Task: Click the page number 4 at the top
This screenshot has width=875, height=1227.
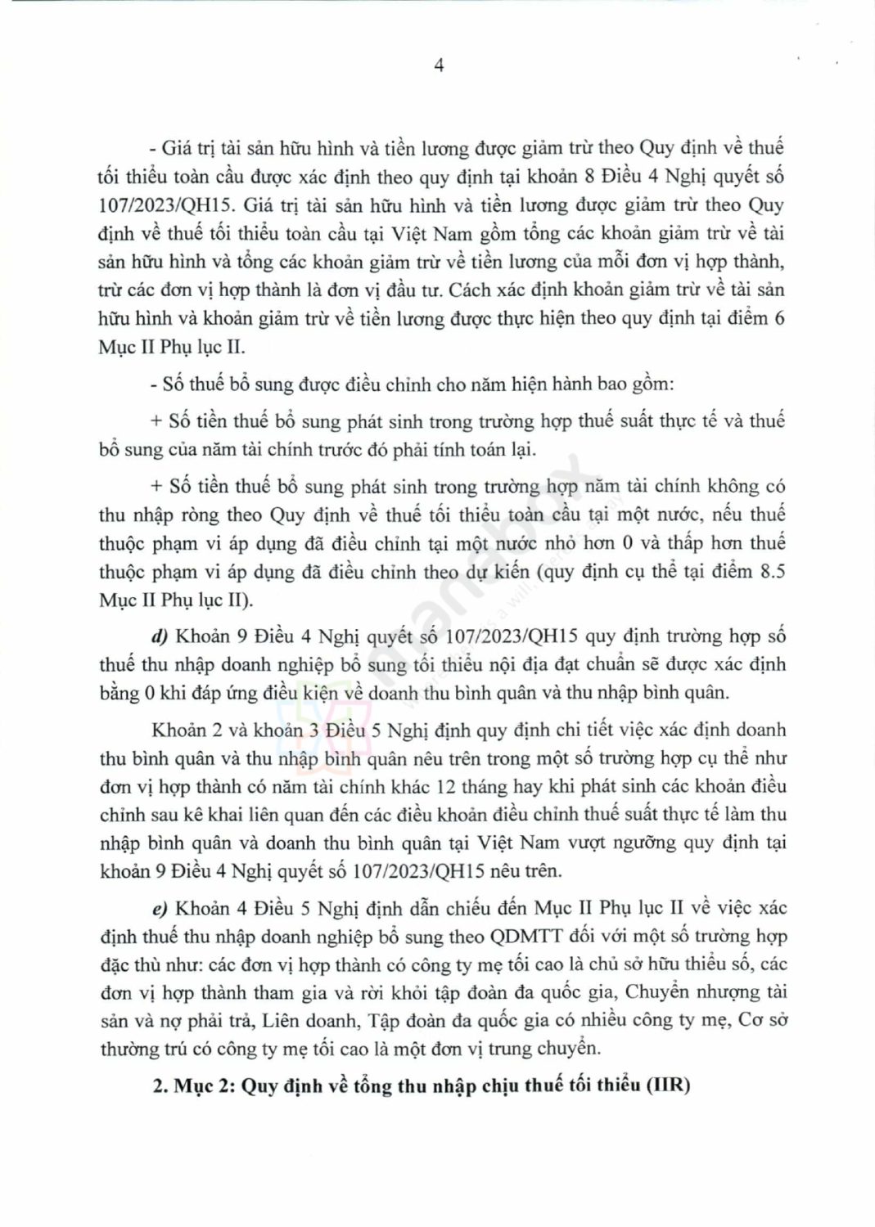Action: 439,66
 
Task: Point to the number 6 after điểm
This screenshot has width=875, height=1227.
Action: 779,318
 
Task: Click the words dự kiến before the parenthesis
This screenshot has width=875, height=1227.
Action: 497,572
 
